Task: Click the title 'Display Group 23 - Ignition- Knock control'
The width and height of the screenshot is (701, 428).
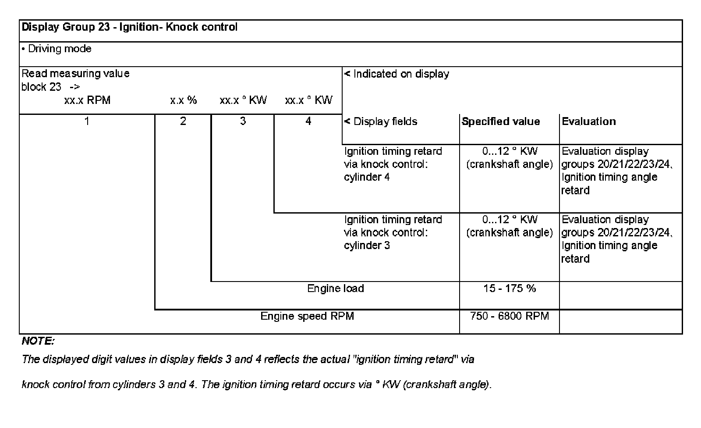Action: point(130,27)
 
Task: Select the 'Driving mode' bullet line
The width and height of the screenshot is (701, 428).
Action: point(57,49)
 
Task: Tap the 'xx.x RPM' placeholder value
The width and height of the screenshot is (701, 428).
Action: point(87,100)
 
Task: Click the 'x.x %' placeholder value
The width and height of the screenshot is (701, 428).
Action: point(184,100)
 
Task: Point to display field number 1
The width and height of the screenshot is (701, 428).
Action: point(87,121)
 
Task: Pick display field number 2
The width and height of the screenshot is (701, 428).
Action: point(183,121)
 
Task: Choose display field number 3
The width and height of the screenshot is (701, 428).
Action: point(243,121)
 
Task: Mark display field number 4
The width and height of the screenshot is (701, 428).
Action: point(308,121)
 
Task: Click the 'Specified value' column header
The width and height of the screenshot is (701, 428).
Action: point(501,121)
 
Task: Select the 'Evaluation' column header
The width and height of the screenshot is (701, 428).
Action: point(589,121)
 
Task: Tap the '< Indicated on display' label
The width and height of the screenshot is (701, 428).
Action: point(397,74)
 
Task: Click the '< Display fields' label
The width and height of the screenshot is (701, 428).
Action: point(381,121)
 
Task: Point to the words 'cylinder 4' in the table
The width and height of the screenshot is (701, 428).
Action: point(367,177)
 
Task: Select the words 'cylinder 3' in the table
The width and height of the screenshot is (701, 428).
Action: point(367,246)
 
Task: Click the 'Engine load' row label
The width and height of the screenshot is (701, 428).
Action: point(336,289)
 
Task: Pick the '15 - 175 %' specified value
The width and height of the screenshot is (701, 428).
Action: point(510,289)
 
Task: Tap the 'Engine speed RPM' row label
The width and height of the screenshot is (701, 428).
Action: point(307,316)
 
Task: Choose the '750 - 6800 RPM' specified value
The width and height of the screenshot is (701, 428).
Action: point(510,316)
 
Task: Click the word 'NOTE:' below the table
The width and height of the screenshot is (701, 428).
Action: point(38,341)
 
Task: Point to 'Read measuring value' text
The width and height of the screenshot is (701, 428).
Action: point(75,74)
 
